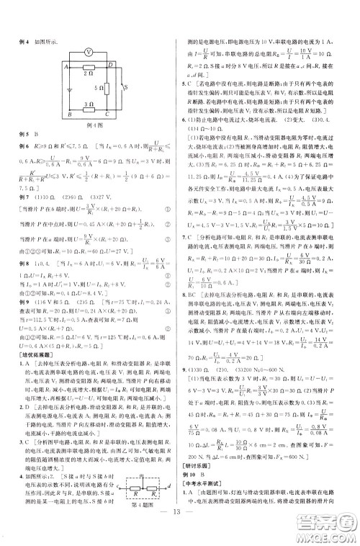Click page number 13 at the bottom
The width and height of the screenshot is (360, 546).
180,531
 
